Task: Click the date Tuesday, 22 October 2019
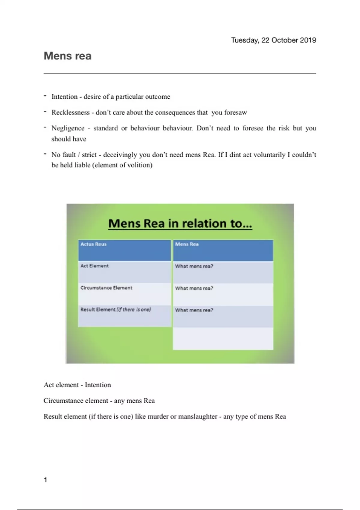tap(273, 40)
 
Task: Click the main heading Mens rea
tap(67, 56)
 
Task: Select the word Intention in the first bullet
tap(64, 97)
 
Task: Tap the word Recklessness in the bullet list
tap(70, 112)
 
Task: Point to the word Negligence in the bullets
tap(68, 128)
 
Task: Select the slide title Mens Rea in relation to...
tap(180, 223)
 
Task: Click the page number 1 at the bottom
tap(46, 480)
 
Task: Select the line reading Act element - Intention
tap(77, 385)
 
